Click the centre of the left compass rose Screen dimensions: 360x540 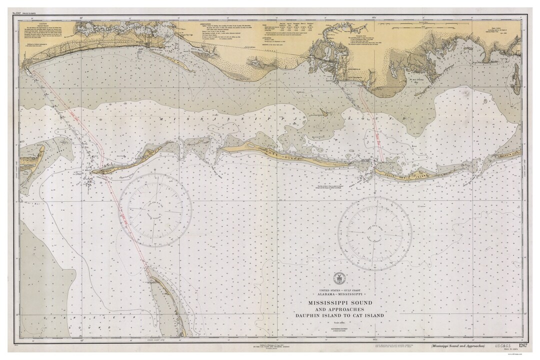coord(155,210)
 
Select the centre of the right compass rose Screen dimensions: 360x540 coord(374,233)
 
